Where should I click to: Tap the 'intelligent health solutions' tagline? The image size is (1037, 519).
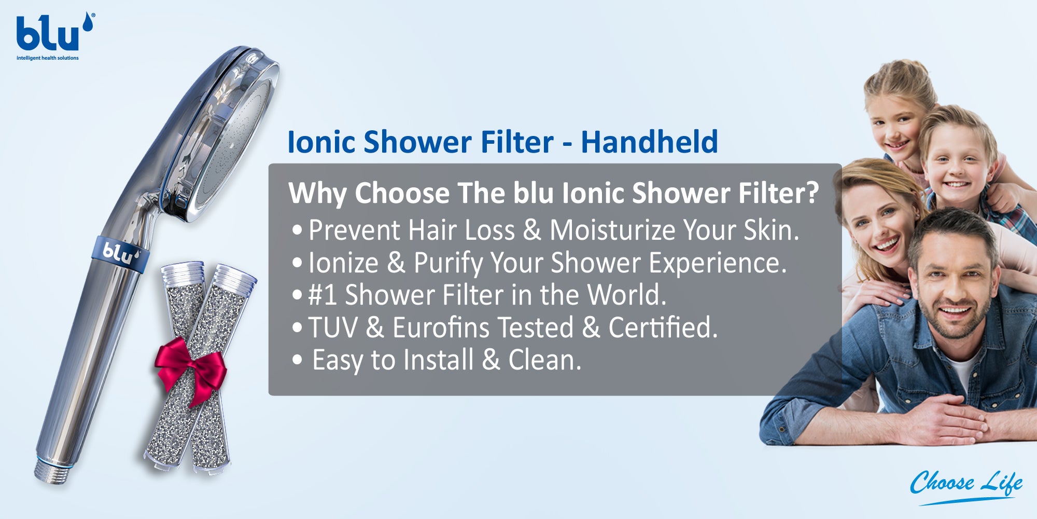(x=48, y=58)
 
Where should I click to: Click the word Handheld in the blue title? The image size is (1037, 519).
(x=649, y=142)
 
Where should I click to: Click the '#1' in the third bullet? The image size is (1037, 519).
(x=322, y=295)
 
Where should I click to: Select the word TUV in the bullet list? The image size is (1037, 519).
(x=333, y=327)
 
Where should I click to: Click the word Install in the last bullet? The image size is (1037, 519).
(x=439, y=360)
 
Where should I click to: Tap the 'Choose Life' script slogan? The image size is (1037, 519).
(x=966, y=485)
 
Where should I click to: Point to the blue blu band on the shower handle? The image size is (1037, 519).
(x=121, y=254)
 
